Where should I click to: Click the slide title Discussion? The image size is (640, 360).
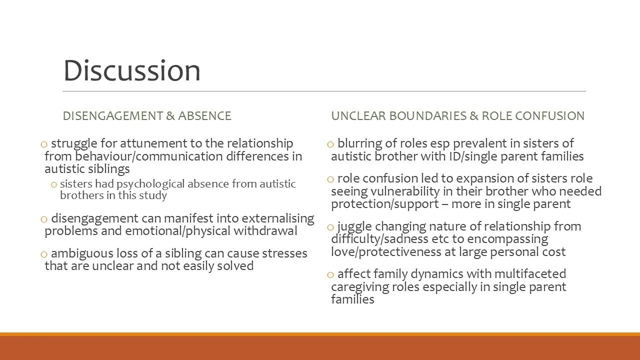[x=131, y=70]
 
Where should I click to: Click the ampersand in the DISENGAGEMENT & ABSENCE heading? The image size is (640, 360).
[x=170, y=116]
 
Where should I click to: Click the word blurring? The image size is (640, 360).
[x=358, y=143]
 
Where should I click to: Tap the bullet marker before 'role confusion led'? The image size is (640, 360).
[x=330, y=179]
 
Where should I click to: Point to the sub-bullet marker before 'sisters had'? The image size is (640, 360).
[x=53, y=184]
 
